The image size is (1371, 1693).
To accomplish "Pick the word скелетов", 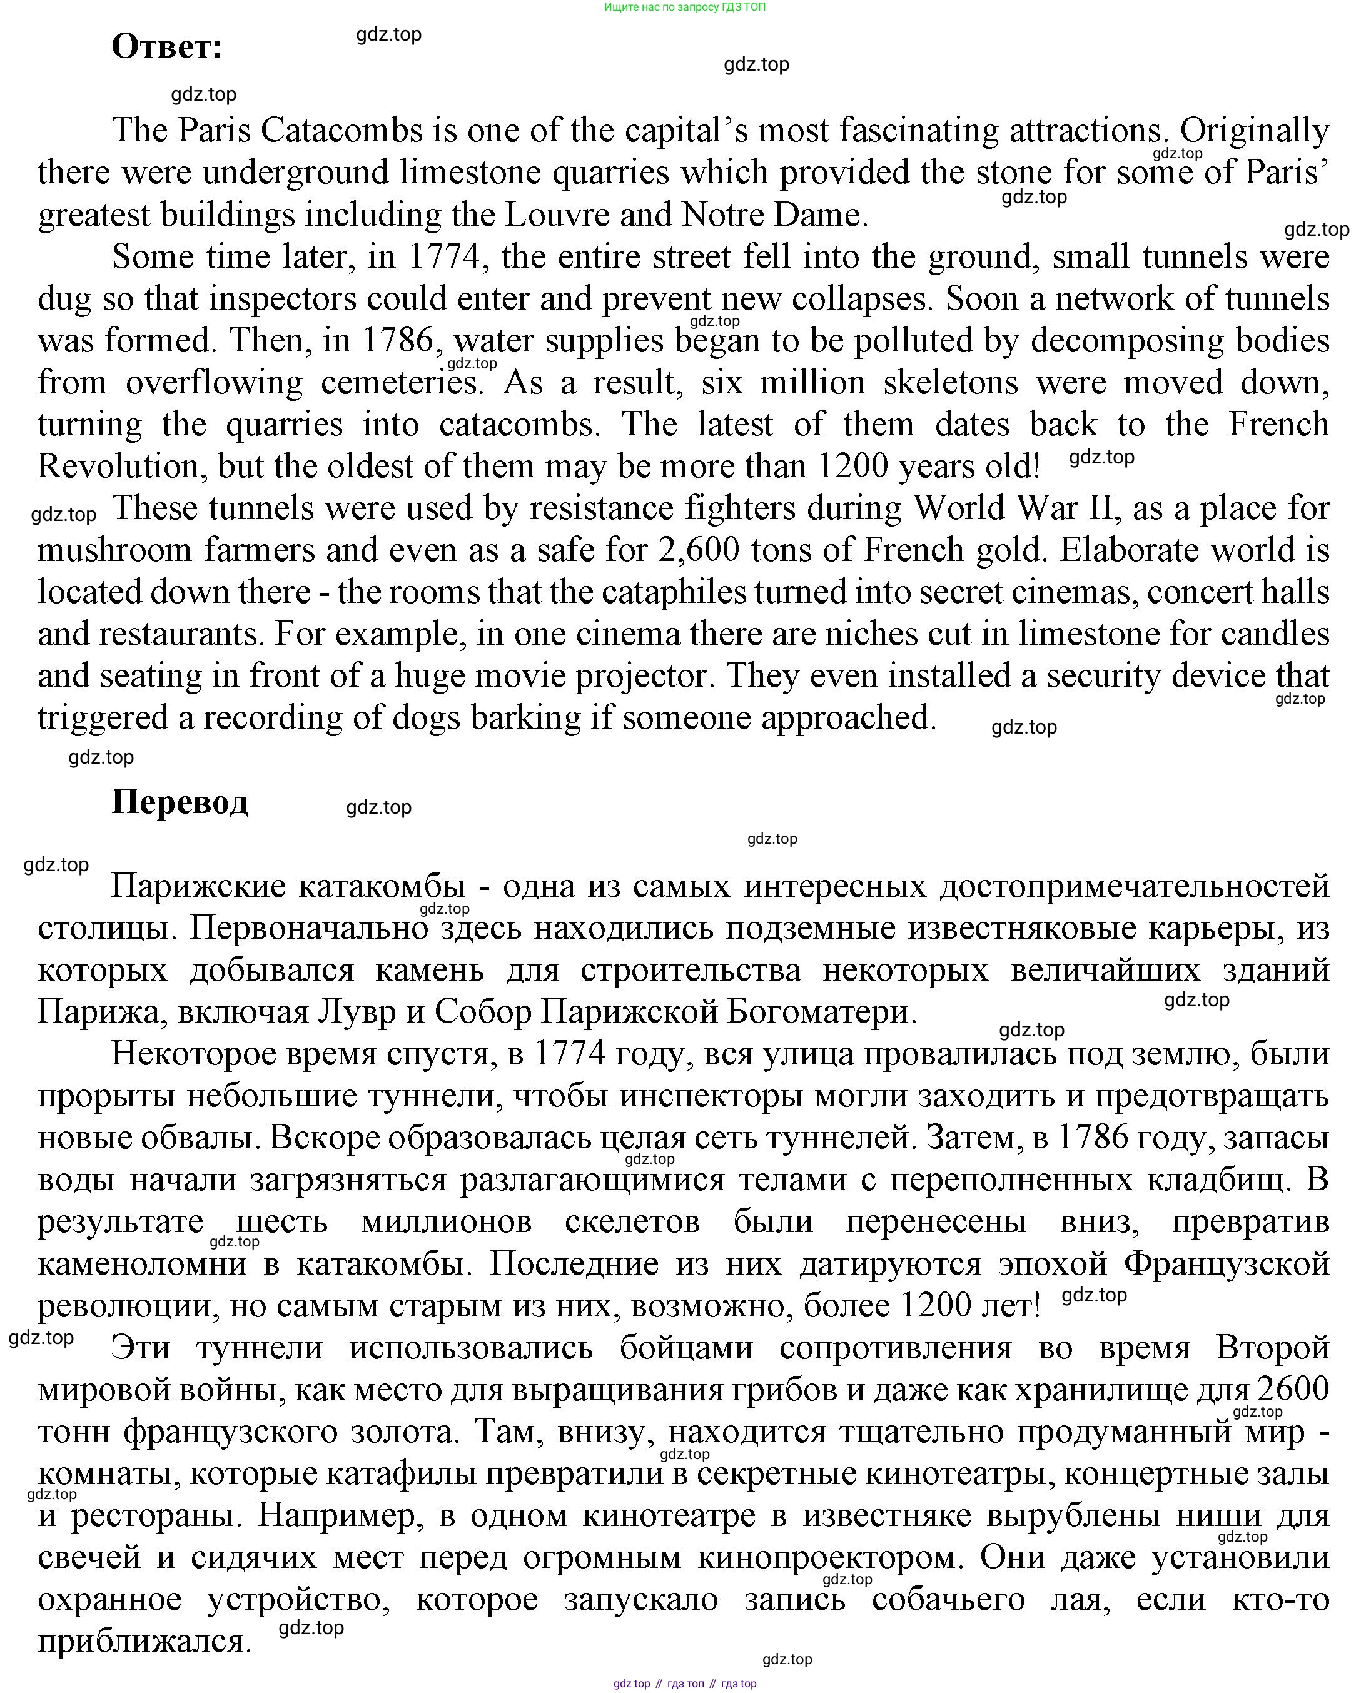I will [632, 1221].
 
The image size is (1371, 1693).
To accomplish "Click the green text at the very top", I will [685, 7].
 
